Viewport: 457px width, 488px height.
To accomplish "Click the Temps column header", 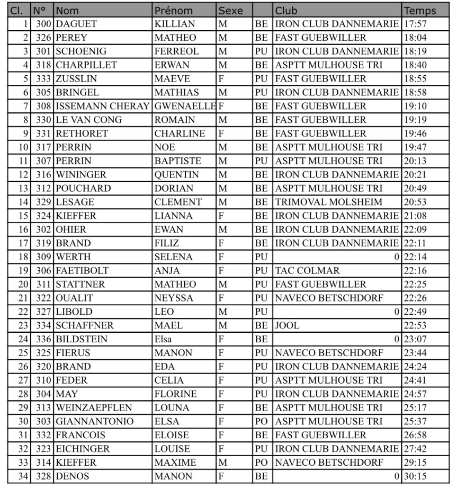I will (420, 11).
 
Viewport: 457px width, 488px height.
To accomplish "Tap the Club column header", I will (286, 11).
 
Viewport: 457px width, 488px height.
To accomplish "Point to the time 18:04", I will (415, 38).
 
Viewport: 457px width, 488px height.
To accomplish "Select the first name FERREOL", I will (176, 52).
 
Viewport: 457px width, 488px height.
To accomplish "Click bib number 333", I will (43, 79).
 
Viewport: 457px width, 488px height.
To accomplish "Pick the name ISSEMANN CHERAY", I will (102, 107).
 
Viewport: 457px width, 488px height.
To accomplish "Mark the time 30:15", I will (415, 476).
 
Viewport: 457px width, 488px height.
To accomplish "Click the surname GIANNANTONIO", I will (95, 422).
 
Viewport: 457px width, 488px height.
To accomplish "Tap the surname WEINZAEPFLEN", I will (94, 408).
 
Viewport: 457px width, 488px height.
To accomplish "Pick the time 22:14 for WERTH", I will (415, 257).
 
